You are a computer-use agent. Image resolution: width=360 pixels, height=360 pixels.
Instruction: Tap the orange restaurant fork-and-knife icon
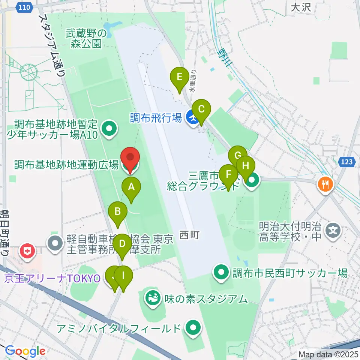[324, 184]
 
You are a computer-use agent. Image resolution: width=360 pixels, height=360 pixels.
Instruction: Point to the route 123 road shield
[347, 162]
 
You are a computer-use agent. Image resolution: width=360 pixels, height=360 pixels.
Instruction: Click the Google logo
[25, 351]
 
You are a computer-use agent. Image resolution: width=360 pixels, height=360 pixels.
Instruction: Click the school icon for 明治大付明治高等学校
[333, 229]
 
